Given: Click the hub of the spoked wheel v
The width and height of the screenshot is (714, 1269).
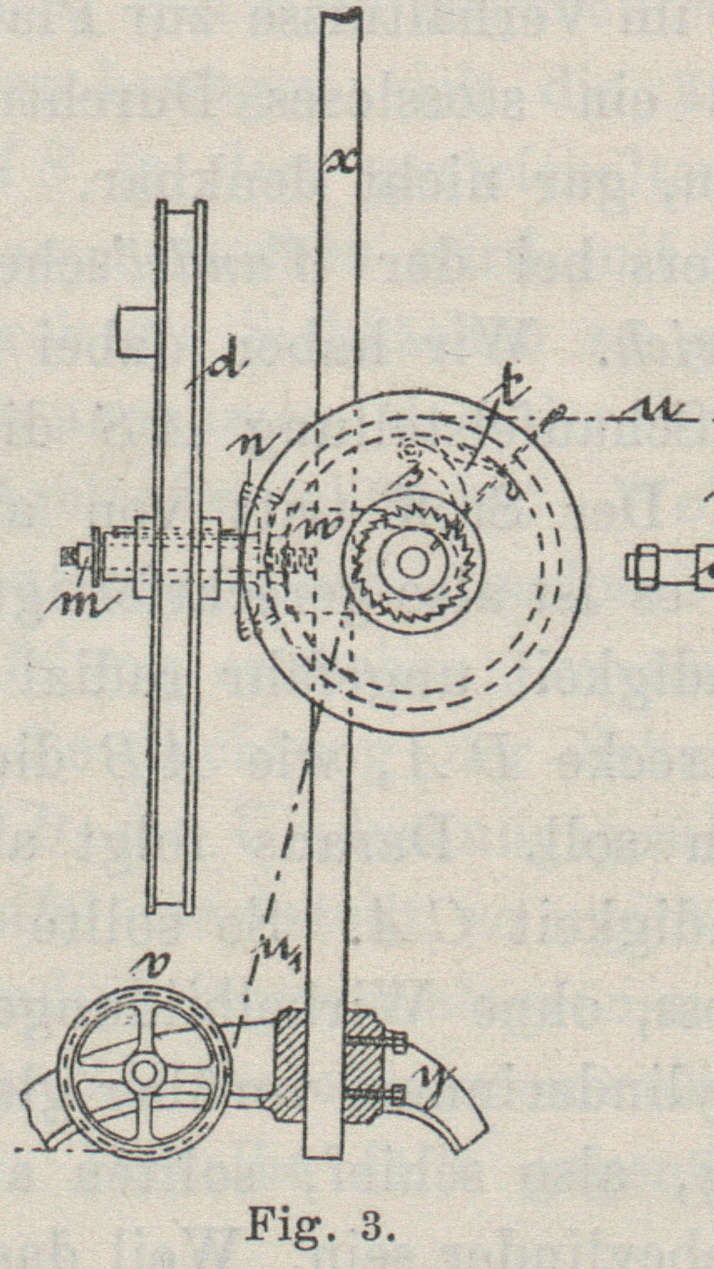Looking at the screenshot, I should (145, 1073).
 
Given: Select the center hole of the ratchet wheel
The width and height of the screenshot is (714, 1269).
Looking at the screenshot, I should (411, 562).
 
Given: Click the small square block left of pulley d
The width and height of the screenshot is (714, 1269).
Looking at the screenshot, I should (135, 332).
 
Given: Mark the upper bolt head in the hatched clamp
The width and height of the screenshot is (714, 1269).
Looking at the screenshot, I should (399, 1042).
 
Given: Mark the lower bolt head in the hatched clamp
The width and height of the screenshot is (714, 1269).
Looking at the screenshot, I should (398, 1092).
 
